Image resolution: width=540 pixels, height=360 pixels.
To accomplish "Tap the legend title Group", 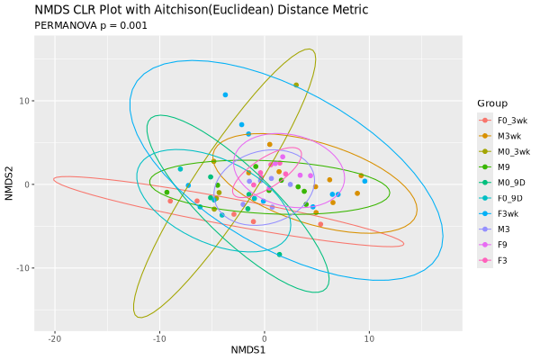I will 493,103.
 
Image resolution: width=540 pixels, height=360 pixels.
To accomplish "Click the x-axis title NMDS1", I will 248,349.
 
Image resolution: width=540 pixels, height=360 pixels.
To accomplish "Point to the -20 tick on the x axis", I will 55,337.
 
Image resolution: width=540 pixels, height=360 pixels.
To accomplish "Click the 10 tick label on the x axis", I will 369,337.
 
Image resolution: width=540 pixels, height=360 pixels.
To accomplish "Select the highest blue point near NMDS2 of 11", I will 225,94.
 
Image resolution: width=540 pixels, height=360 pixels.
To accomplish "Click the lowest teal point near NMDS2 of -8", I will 280,255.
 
